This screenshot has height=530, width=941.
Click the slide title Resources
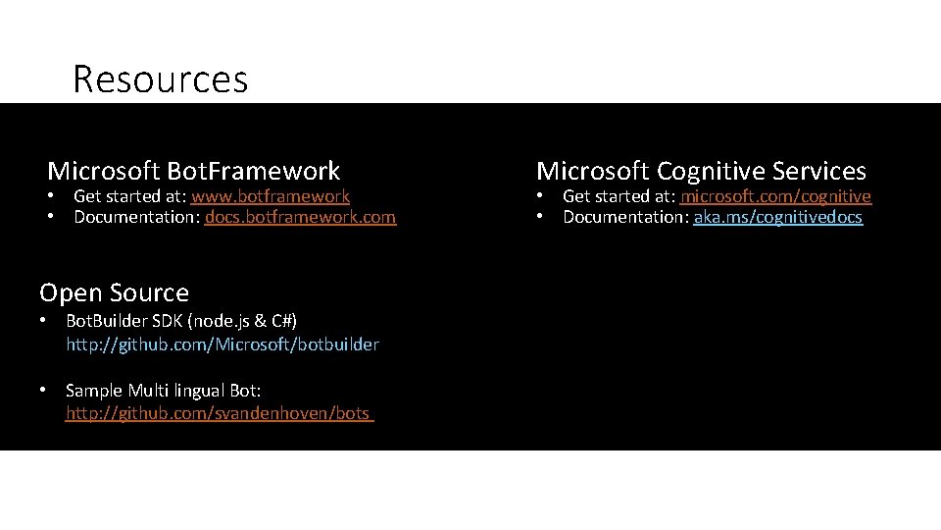click(x=160, y=79)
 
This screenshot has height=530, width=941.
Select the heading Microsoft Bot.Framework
click(x=193, y=171)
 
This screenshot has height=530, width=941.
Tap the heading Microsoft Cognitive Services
click(x=701, y=171)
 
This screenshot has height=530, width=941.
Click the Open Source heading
click(x=114, y=292)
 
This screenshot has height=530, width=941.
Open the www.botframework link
click(x=271, y=196)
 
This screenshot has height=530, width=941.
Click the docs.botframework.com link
click(x=300, y=217)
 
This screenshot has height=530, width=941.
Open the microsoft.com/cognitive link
click(x=775, y=196)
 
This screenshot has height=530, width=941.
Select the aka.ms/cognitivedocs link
click(x=777, y=217)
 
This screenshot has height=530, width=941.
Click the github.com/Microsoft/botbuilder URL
click(x=223, y=344)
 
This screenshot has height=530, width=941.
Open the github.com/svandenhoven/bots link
click(x=219, y=413)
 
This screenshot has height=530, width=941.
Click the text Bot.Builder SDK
click(x=125, y=321)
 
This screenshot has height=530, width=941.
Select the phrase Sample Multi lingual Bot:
click(x=164, y=391)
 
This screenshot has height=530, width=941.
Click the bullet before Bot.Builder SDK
click(x=44, y=321)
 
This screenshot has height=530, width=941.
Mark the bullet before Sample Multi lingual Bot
click(x=44, y=391)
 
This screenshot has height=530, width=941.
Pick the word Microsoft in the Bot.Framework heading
click(x=104, y=171)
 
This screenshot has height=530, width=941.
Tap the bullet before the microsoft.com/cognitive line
click(x=541, y=196)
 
